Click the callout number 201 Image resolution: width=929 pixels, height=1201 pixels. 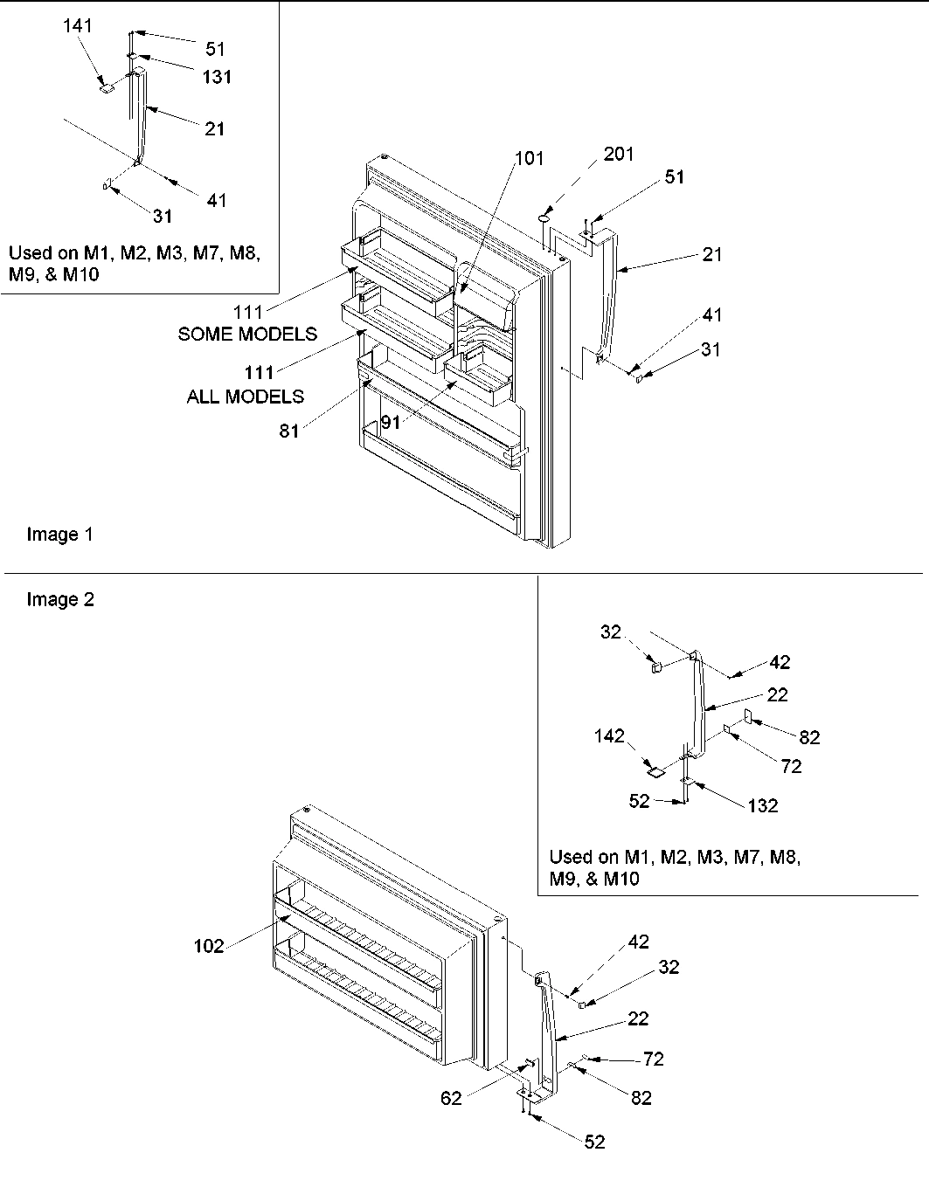click(618, 155)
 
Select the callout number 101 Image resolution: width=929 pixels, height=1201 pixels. click(529, 158)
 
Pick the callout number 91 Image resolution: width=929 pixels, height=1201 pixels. click(391, 421)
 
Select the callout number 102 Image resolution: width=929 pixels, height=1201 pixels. click(209, 946)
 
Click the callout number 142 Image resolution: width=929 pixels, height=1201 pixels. click(611, 736)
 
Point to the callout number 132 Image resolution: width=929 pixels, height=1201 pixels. click(763, 805)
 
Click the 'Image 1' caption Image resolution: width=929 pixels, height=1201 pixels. click(59, 535)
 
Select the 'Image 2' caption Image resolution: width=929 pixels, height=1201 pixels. click(59, 599)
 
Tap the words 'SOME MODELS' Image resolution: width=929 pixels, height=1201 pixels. click(247, 334)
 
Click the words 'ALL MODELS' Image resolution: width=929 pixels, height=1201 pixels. click(245, 397)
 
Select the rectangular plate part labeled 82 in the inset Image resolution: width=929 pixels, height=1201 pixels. click(748, 717)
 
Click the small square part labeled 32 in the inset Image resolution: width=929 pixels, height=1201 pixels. click(654, 667)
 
